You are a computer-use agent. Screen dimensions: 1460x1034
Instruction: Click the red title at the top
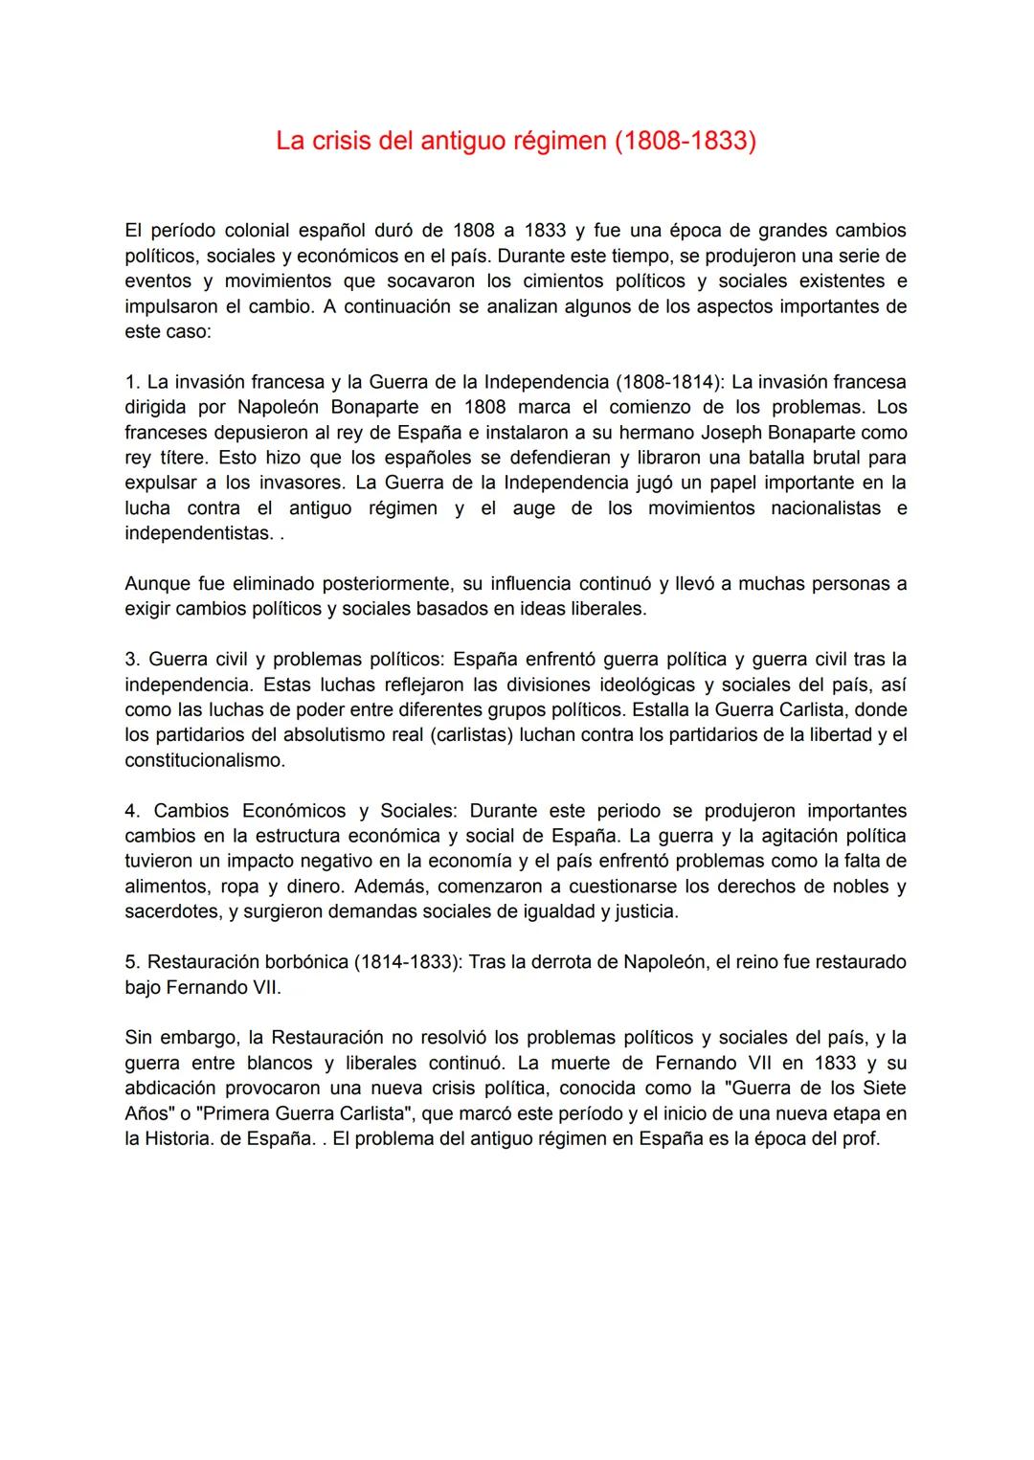tap(515, 142)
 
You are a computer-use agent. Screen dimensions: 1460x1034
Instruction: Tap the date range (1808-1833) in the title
tap(685, 142)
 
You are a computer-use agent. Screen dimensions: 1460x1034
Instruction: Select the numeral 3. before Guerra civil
tap(132, 660)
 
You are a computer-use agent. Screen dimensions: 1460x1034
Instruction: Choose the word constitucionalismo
tap(204, 761)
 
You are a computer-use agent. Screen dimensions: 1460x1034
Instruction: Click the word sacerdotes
tap(171, 911)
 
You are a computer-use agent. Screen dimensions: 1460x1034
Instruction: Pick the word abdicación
tap(171, 1089)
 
